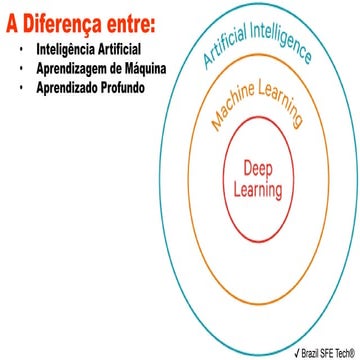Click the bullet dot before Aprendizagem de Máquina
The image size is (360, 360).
[x=21, y=68]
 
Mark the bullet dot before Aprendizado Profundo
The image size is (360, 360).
[x=21, y=86]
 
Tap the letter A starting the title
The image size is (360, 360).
[x=13, y=23]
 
